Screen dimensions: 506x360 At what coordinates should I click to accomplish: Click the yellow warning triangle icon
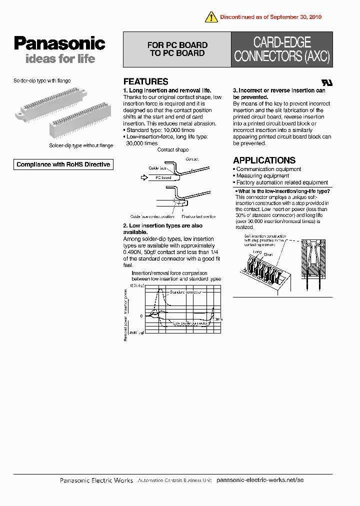211,16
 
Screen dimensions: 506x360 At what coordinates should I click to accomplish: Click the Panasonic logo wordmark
59,44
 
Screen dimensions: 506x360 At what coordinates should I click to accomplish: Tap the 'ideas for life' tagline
60,59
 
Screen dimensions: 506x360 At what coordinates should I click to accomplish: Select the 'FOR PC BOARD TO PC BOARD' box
177,49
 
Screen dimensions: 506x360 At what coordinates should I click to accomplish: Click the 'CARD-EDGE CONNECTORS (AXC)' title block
282,49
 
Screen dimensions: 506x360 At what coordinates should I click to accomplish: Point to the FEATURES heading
145,81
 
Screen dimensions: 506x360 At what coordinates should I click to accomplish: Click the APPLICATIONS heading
264,160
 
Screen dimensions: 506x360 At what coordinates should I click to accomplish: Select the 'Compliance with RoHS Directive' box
63,164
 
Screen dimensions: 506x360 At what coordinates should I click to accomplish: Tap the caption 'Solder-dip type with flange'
41,80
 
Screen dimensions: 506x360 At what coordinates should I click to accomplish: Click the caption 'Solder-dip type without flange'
81,145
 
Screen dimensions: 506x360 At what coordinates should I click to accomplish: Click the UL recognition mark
326,82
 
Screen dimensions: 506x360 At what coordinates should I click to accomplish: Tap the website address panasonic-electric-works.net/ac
260,480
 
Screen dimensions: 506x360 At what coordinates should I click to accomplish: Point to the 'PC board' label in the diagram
163,177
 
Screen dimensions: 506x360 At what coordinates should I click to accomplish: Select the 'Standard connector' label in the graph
185,292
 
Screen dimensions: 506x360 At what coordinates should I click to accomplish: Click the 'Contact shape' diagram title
172,149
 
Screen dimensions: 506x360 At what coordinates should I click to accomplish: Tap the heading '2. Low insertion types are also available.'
162,229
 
